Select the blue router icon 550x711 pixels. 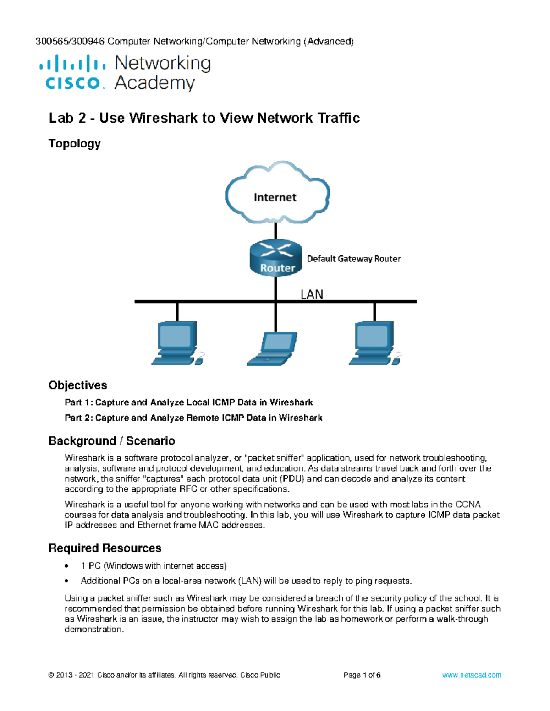[x=276, y=258]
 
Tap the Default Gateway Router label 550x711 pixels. [x=353, y=259]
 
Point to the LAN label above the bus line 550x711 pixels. [x=312, y=294]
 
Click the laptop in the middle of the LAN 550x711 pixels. [x=272, y=349]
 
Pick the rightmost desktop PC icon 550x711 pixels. [x=374, y=343]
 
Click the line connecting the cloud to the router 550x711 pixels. [x=275, y=231]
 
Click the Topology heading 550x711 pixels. [x=74, y=143]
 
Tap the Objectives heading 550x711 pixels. [x=77, y=385]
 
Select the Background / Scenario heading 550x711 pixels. [x=111, y=440]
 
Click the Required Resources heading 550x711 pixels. [x=104, y=548]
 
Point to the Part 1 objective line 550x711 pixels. [x=188, y=402]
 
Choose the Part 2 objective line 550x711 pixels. [x=193, y=418]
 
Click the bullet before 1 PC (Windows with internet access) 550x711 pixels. [x=67, y=566]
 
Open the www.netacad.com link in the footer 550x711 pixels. [x=471, y=675]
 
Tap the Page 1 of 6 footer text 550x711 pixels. [x=362, y=675]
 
